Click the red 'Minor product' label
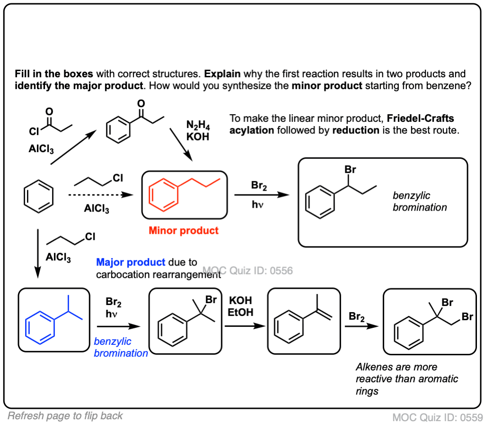pyautogui.click(x=184, y=231)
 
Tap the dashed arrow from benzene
pyautogui.click(x=99, y=194)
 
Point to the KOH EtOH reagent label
pyautogui.click(x=241, y=306)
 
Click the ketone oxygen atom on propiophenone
pyautogui.click(x=141, y=103)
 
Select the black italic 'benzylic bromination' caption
pyautogui.click(x=420, y=201)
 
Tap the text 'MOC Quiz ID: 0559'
pyautogui.click(x=436, y=417)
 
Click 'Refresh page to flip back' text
pyautogui.click(x=65, y=415)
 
